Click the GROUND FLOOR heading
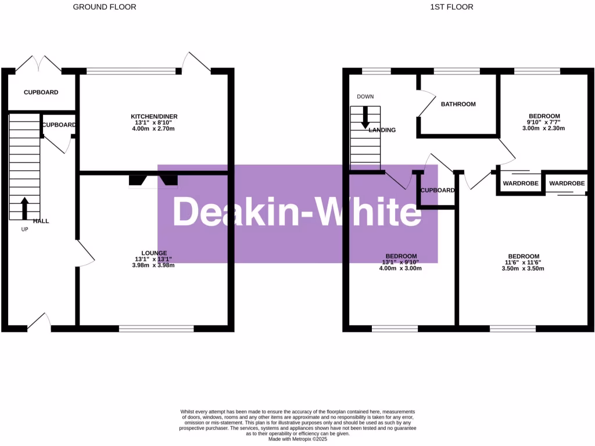coord(105,7)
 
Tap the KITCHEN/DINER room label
coord(154,116)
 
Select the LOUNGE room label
coord(154,253)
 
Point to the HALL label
coord(41,221)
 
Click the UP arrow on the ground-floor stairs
coord(24,208)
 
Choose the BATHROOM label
coord(458,104)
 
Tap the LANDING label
coord(382,130)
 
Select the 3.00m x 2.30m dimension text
coord(544,128)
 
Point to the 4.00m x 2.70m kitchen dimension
coord(154,128)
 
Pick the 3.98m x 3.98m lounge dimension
coord(154,265)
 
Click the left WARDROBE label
coord(520,184)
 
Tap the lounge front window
coord(156,329)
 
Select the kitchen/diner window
coord(131,71)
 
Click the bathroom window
coord(457,71)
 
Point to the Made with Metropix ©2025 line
coord(297,439)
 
